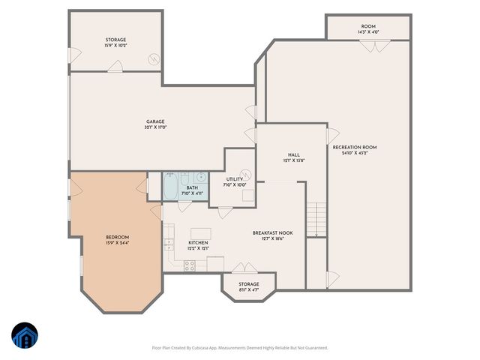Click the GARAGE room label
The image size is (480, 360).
(x=155, y=121)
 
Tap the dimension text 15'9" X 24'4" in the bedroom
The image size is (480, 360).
(x=117, y=243)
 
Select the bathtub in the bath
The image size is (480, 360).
(x=171, y=187)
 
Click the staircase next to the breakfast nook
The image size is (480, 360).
(x=316, y=220)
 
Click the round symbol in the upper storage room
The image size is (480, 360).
(x=153, y=58)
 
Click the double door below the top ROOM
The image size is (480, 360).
(x=368, y=45)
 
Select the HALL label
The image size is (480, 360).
(x=294, y=154)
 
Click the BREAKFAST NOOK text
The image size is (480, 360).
(x=272, y=232)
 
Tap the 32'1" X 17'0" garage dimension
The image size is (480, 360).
(x=155, y=127)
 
